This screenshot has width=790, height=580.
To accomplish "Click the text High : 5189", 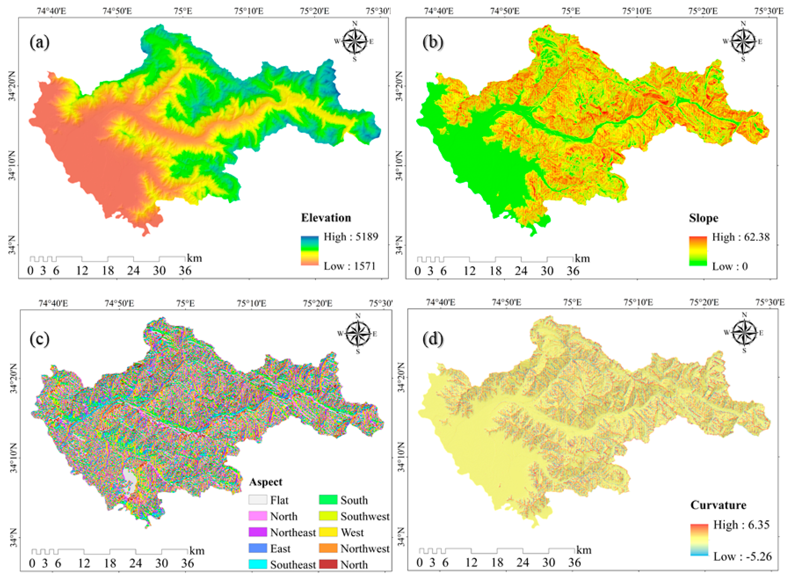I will (x=351, y=237).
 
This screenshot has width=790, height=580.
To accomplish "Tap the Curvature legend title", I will (x=718, y=505).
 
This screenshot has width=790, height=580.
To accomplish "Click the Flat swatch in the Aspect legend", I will (x=258, y=499).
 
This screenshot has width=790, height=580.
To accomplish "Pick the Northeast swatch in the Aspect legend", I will (x=258, y=532).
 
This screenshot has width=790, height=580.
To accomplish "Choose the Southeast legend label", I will (x=293, y=565).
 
